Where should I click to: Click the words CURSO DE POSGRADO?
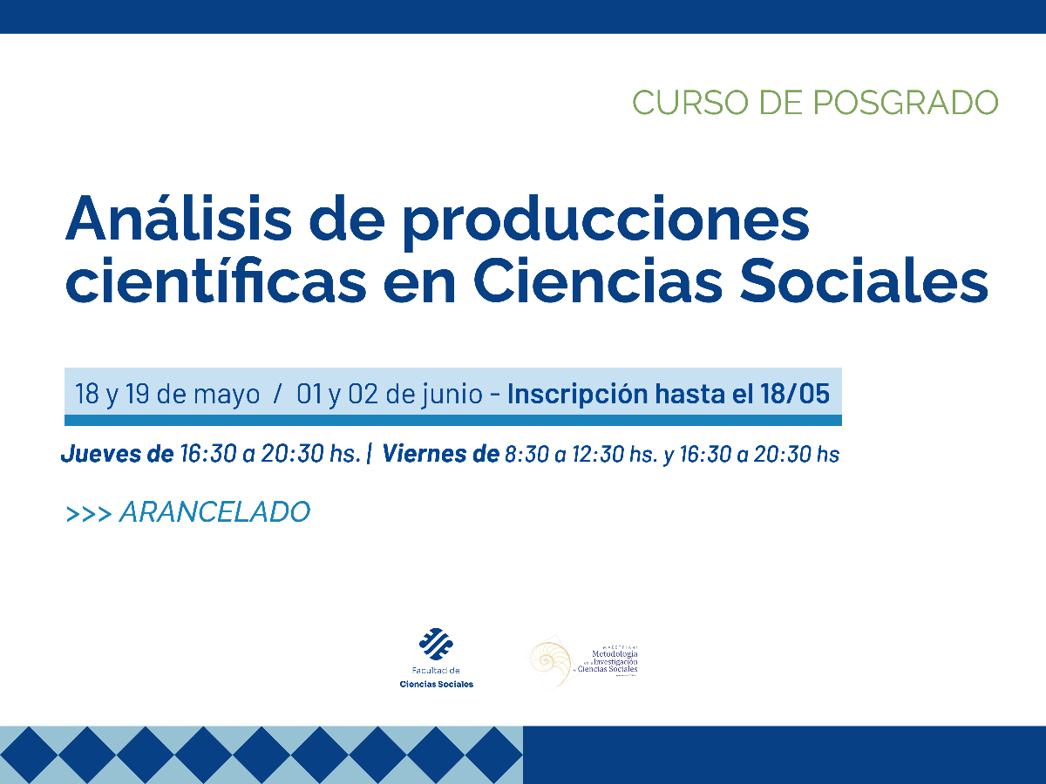point(815,102)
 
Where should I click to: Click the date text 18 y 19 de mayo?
point(167,395)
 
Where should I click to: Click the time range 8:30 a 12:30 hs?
point(581,454)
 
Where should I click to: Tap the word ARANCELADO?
point(214,512)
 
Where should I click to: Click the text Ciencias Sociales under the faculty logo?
point(436,684)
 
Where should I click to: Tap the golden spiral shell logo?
point(548,661)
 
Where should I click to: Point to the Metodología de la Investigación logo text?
point(615,662)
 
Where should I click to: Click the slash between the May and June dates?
point(277,395)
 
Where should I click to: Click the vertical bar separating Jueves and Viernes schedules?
point(370,454)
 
